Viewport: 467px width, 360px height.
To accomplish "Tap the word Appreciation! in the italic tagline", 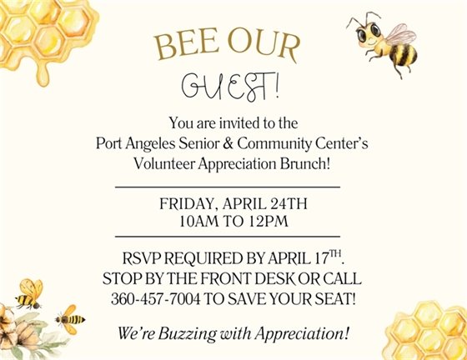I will pos(304,334).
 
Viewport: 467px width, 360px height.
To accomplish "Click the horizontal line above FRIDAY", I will pos(227,187).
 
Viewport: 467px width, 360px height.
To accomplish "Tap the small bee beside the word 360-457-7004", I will pos(70,316).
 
